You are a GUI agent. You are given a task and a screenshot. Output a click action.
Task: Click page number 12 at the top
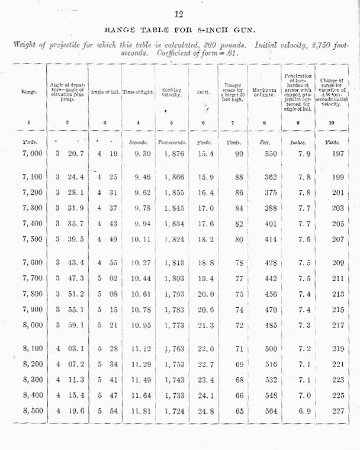pos(179,14)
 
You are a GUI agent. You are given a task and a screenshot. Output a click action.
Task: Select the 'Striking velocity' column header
pos(172,92)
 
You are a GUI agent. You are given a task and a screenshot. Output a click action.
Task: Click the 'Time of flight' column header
pos(138,92)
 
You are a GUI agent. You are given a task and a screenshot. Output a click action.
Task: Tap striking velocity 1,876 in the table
pos(172,155)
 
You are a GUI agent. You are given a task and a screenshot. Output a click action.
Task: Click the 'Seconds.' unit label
pos(138,142)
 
